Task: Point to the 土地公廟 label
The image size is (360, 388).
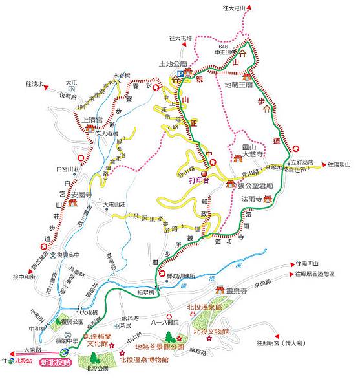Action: [x=173, y=65]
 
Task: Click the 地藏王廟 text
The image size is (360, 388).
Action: [x=240, y=85]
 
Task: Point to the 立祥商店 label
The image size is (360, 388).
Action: [x=301, y=163]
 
